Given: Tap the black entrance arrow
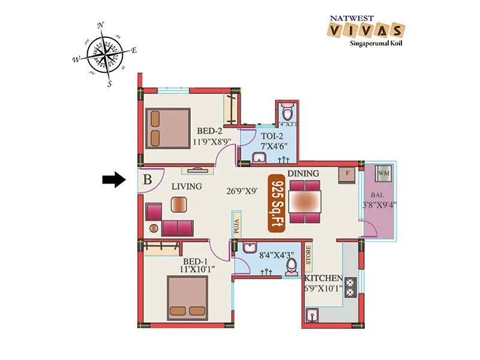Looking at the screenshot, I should pyautogui.click(x=112, y=179).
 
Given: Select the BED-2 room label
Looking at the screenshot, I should pyautogui.click(x=211, y=131).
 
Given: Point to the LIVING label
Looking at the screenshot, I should pyautogui.click(x=186, y=187).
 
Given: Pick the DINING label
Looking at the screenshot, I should pyautogui.click(x=303, y=174).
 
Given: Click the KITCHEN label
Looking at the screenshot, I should pyautogui.click(x=323, y=280).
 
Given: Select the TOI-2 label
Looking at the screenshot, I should pyautogui.click(x=268, y=136).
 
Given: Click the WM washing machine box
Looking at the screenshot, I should pyautogui.click(x=383, y=175).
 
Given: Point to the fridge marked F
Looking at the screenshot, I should pyautogui.click(x=348, y=174).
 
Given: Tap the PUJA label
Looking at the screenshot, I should pyautogui.click(x=237, y=226).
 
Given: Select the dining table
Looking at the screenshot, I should pyautogui.click(x=304, y=201).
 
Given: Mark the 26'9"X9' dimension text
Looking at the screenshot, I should pyautogui.click(x=242, y=193).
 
